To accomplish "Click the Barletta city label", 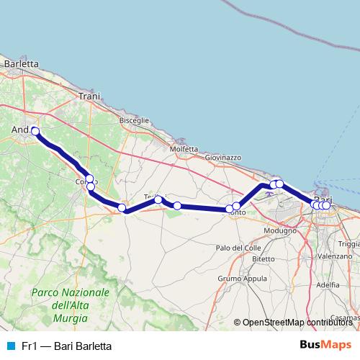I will click(21, 63).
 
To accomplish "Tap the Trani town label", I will click(89, 96).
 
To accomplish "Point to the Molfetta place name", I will click(183, 149).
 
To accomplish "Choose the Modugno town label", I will click(280, 230).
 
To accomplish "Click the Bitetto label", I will click(263, 258).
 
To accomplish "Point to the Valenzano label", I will click(335, 256).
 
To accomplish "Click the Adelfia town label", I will click(328, 284).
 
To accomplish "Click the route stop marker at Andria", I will click(35, 131).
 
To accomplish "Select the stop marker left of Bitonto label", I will click(230, 210).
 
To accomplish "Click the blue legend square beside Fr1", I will click(10, 346).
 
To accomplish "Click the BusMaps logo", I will click(325, 346).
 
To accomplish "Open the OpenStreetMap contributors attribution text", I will click(297, 323).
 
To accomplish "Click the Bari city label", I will click(323, 199).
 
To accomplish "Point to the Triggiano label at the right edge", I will click(348, 243).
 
